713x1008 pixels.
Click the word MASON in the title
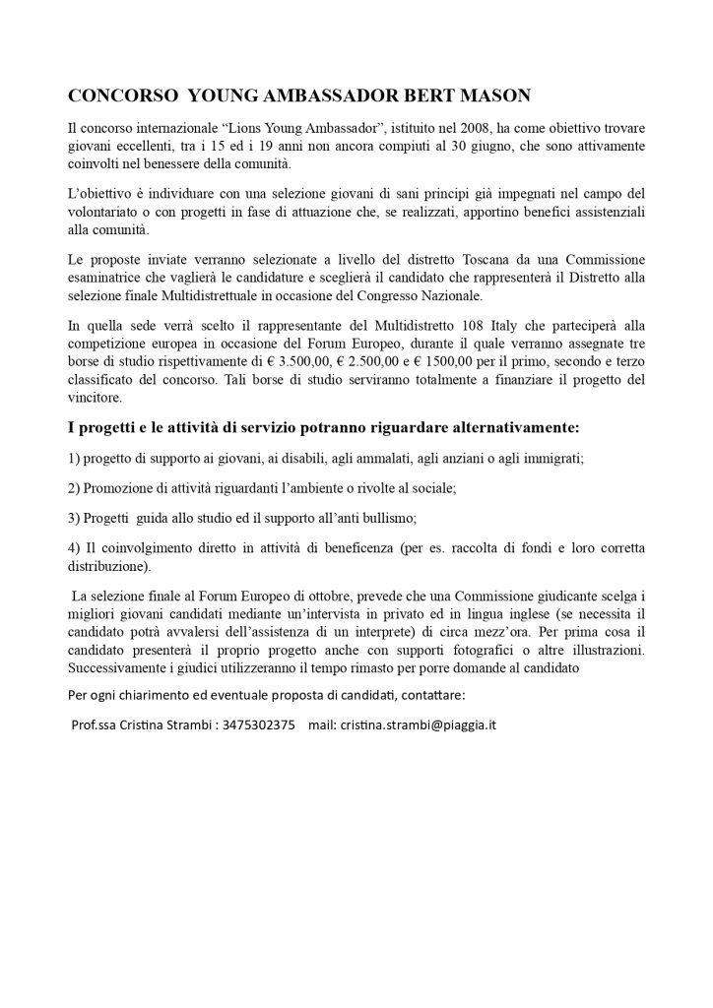click(x=489, y=95)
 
